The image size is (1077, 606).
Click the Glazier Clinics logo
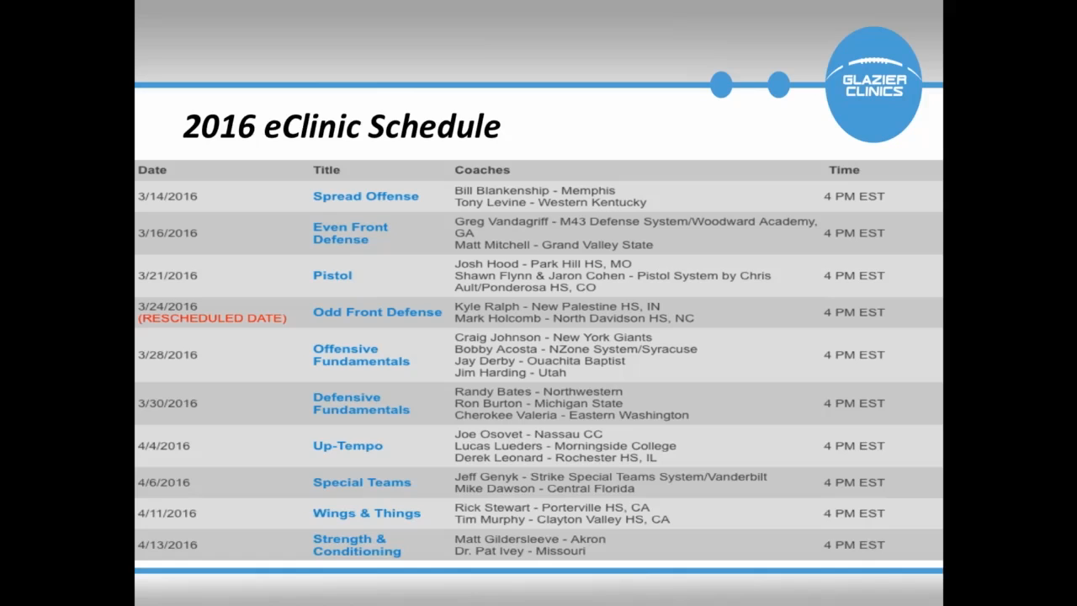pyautogui.click(x=873, y=85)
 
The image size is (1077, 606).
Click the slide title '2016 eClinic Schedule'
pyautogui.click(x=342, y=126)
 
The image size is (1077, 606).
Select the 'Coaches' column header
pyautogui.click(x=482, y=170)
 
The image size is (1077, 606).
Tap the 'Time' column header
pyautogui.click(x=844, y=170)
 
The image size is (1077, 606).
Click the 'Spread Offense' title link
pyautogui.click(x=366, y=196)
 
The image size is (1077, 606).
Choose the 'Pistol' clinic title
pyautogui.click(x=332, y=275)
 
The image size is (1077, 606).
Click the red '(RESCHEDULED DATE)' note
pyautogui.click(x=212, y=318)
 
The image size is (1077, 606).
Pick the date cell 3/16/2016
pyautogui.click(x=167, y=233)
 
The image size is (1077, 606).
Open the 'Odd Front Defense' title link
pyautogui.click(x=378, y=312)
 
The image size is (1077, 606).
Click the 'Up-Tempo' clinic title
pyautogui.click(x=348, y=446)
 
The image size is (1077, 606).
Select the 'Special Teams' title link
pyautogui.click(x=362, y=482)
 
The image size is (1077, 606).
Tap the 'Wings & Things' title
pyautogui.click(x=367, y=513)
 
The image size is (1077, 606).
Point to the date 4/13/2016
pyautogui.click(x=167, y=545)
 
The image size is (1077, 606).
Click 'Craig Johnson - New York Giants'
pyautogui.click(x=554, y=338)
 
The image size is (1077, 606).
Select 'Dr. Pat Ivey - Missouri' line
pyautogui.click(x=520, y=551)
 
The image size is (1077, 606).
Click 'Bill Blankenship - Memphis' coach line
pyautogui.click(x=535, y=190)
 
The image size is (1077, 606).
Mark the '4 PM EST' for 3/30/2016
pyautogui.click(x=854, y=403)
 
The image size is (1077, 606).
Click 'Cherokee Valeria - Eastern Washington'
pyautogui.click(x=571, y=415)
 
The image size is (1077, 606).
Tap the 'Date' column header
pyautogui.click(x=152, y=170)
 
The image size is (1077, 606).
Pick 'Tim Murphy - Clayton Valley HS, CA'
pyautogui.click(x=562, y=520)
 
